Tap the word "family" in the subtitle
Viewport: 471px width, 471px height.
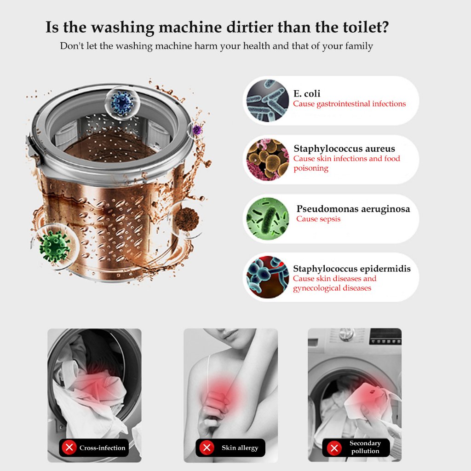click(359, 46)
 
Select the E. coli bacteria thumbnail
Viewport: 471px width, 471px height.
click(267, 101)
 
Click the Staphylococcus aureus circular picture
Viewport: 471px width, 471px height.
click(267, 160)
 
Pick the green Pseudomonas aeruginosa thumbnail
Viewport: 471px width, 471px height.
click(267, 218)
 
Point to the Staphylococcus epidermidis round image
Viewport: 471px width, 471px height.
click(267, 277)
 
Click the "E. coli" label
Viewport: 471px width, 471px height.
click(307, 94)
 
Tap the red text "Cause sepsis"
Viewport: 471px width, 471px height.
click(318, 219)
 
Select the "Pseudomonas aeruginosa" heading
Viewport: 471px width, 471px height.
click(353, 209)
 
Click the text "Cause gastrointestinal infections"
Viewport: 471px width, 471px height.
click(350, 104)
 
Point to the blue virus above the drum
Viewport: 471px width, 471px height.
click(122, 103)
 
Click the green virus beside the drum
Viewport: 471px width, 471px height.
click(54, 247)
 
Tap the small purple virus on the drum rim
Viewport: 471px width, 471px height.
click(197, 130)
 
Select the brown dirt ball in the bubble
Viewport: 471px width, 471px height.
click(187, 219)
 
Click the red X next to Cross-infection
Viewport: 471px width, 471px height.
click(69, 448)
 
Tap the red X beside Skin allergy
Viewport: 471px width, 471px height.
click(207, 448)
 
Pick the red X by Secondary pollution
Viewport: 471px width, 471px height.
click(334, 448)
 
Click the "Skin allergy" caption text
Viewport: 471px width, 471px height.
click(240, 448)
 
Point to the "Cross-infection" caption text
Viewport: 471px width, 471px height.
click(103, 448)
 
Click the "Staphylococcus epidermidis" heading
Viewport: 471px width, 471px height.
click(352, 269)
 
